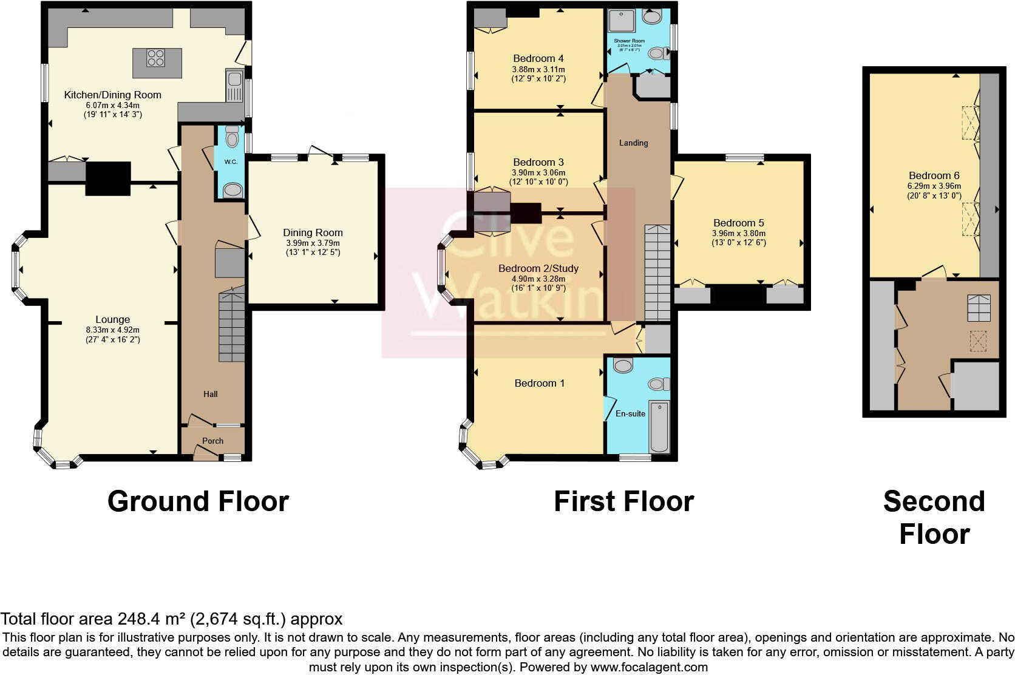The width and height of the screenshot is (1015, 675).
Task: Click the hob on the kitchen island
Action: pyautogui.click(x=155, y=58)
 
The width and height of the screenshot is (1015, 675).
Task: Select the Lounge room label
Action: pyautogui.click(x=112, y=319)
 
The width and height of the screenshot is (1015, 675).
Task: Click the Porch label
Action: pyautogui.click(x=212, y=441)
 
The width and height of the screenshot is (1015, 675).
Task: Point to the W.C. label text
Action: pyautogui.click(x=230, y=162)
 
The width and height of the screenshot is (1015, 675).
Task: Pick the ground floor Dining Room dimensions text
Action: pyautogui.click(x=313, y=248)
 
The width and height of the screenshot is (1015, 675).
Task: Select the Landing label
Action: pyautogui.click(x=633, y=143)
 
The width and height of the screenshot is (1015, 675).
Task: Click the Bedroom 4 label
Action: pyautogui.click(x=538, y=58)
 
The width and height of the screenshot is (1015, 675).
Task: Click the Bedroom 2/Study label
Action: pyautogui.click(x=538, y=268)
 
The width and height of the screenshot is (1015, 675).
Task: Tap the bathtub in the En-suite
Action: pyautogui.click(x=659, y=426)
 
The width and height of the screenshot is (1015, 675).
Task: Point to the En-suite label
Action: pyautogui.click(x=630, y=413)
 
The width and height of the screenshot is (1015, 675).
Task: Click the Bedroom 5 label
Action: pyautogui.click(x=738, y=223)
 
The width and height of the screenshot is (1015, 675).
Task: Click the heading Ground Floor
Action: pyautogui.click(x=198, y=501)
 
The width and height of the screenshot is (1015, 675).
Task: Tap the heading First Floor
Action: pyautogui.click(x=623, y=501)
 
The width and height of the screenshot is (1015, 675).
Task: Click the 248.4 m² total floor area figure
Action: pyautogui.click(x=152, y=619)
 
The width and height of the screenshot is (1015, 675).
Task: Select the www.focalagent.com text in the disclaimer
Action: pyautogui.click(x=648, y=667)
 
